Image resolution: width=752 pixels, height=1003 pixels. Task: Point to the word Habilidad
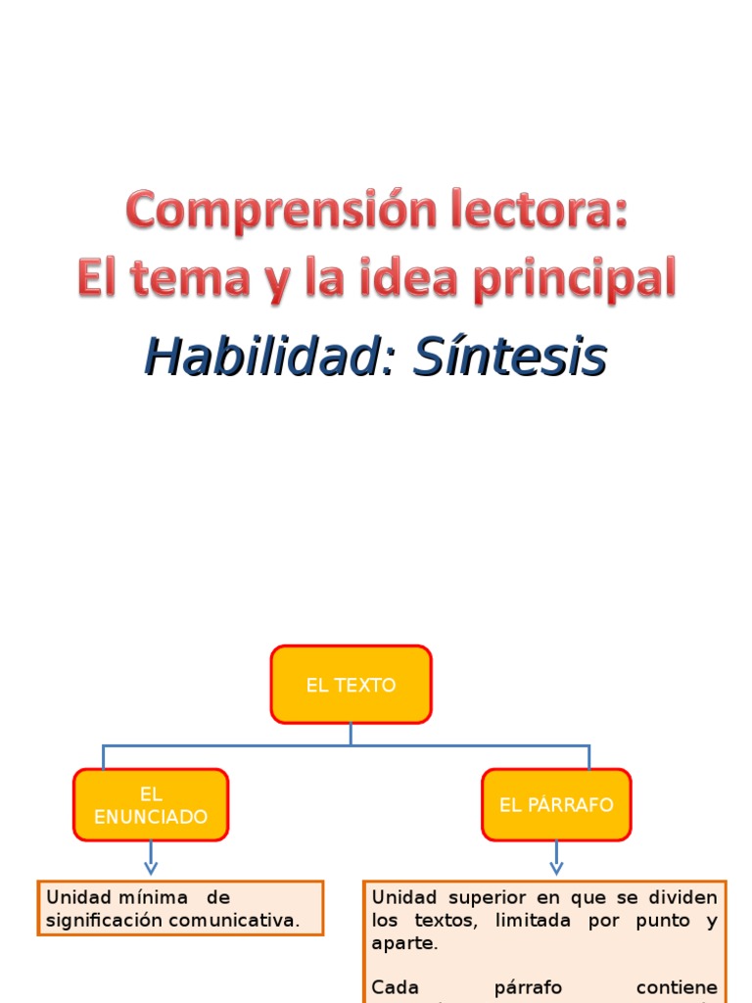click(261, 358)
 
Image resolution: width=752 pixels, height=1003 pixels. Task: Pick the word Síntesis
click(509, 358)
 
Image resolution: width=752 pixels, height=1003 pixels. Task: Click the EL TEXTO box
click(351, 685)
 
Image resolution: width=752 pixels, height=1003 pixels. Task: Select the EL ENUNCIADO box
click(151, 805)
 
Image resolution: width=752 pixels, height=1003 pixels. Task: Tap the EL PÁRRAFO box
click(556, 805)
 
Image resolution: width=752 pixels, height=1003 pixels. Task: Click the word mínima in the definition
click(153, 897)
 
